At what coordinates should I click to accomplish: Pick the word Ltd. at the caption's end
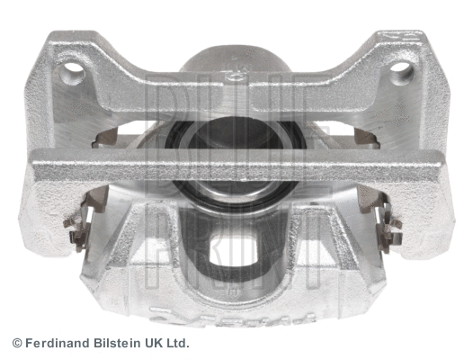pos(177,344)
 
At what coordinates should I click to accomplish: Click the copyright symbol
pos(16,344)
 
